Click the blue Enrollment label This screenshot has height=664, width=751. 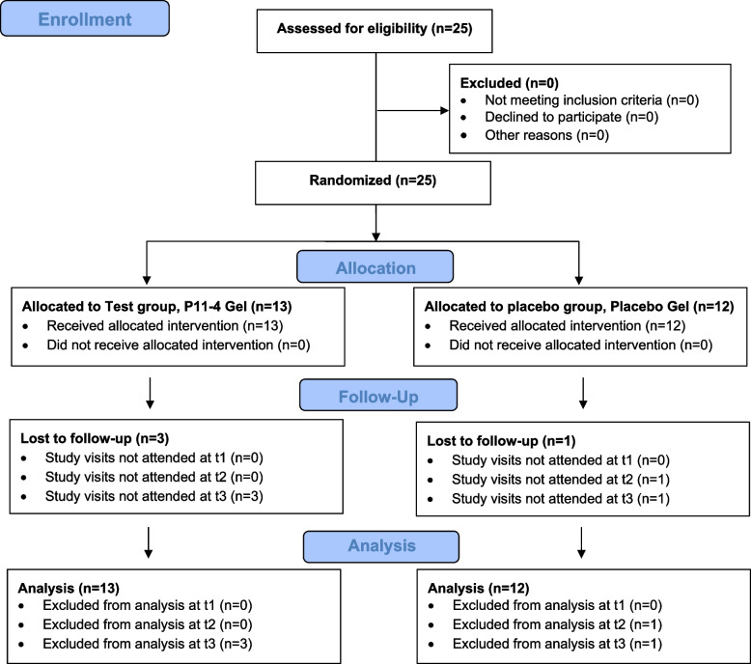[x=85, y=18]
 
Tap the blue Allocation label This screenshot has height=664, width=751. [x=375, y=267]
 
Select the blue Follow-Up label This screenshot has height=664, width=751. [x=378, y=396]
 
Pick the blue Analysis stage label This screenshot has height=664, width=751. [x=381, y=546]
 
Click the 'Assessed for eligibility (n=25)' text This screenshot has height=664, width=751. [x=375, y=29]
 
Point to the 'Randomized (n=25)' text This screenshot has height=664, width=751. [x=373, y=180]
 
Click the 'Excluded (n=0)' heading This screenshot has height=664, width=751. [x=509, y=83]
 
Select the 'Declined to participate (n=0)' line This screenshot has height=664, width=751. [x=571, y=118]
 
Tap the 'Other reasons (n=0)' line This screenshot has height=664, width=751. [x=547, y=135]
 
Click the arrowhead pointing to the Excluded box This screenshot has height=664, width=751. [x=445, y=111]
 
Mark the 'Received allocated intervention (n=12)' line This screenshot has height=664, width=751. [x=567, y=326]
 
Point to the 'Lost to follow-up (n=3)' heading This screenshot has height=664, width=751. [x=95, y=438]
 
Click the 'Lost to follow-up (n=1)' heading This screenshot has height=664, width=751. [x=501, y=441]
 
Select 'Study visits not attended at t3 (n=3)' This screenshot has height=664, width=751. [x=154, y=496]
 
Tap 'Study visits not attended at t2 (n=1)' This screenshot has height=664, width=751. [x=561, y=480]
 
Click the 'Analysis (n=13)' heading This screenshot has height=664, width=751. [x=69, y=589]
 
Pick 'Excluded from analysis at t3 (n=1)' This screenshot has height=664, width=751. [x=558, y=644]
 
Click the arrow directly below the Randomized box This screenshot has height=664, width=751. [x=375, y=223]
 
